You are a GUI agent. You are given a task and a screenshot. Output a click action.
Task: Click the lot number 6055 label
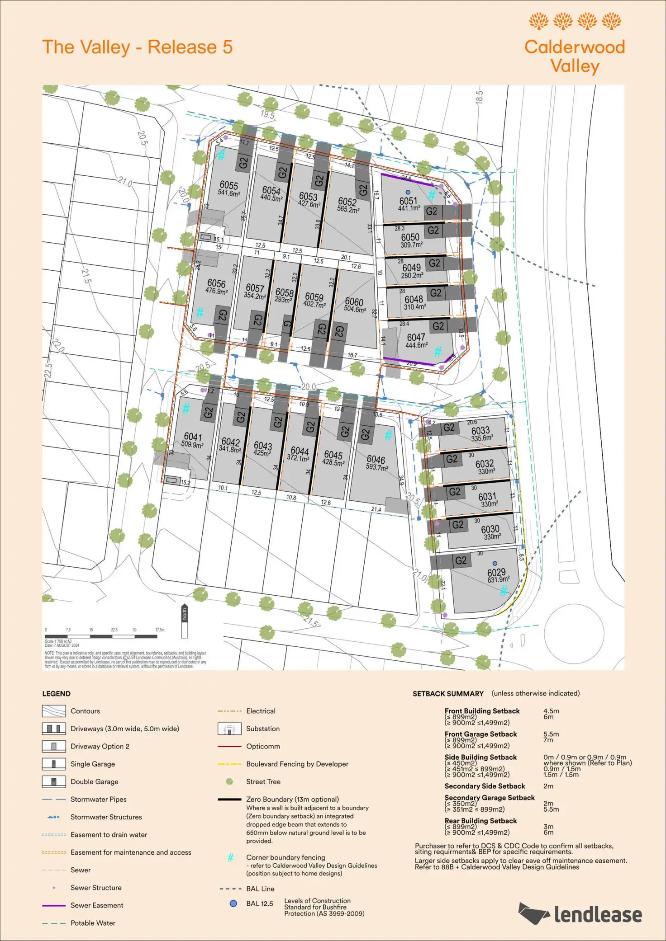[x=228, y=185]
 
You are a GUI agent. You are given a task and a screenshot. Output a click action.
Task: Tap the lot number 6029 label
[x=496, y=572]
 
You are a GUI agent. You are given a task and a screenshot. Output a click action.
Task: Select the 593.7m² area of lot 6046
[x=377, y=467]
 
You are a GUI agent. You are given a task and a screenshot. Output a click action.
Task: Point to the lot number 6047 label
[x=416, y=337]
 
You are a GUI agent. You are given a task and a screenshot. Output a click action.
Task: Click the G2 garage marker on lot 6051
[x=432, y=211]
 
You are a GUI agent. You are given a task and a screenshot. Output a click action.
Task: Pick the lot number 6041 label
[x=193, y=437]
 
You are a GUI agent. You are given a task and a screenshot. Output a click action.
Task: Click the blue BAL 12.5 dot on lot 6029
[x=495, y=563]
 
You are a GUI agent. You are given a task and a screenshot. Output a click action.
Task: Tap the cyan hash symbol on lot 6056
[x=200, y=312]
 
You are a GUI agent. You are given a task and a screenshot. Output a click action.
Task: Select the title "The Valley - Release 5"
[x=138, y=47]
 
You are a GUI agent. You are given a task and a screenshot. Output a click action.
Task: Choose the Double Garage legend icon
[x=54, y=781]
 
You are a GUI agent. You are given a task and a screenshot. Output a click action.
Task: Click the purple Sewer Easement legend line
[x=54, y=905]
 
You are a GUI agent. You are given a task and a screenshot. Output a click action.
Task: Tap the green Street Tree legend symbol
[x=229, y=781]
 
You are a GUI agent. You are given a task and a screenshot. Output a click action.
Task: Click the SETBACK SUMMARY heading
[x=448, y=694]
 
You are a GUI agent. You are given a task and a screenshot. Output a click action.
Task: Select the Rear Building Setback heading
[x=480, y=821]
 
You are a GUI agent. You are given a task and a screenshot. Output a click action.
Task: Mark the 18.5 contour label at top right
[x=480, y=98]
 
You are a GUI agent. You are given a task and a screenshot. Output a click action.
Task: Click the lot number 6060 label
[x=354, y=301]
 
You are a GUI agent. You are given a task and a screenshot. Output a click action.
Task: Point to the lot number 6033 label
[x=480, y=431]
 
